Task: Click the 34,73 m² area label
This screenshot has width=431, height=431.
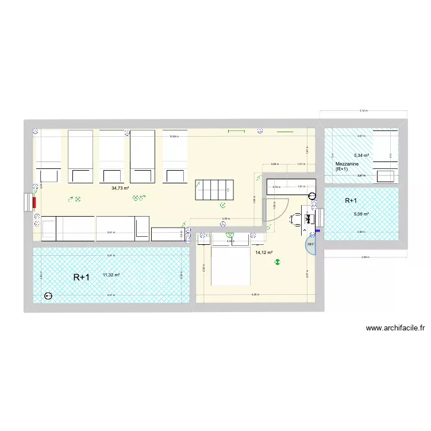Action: click(x=120, y=188)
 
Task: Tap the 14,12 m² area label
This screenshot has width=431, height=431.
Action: click(x=264, y=252)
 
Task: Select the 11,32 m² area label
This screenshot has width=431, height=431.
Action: click(x=111, y=275)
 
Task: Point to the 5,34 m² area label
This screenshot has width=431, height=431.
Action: click(x=361, y=155)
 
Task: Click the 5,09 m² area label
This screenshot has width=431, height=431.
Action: click(x=361, y=214)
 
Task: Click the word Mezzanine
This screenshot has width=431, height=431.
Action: click(x=347, y=164)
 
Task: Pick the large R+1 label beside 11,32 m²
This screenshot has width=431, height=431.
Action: click(x=81, y=278)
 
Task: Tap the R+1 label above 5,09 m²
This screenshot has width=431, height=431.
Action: click(x=351, y=201)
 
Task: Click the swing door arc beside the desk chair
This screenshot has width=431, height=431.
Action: click(x=270, y=210)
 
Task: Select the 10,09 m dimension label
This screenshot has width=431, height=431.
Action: click(x=174, y=137)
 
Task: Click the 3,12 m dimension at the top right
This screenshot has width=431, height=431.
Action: click(x=363, y=110)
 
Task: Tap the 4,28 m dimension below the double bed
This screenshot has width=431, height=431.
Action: click(x=253, y=295)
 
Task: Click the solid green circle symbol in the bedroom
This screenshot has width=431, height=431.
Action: click(x=278, y=261)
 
